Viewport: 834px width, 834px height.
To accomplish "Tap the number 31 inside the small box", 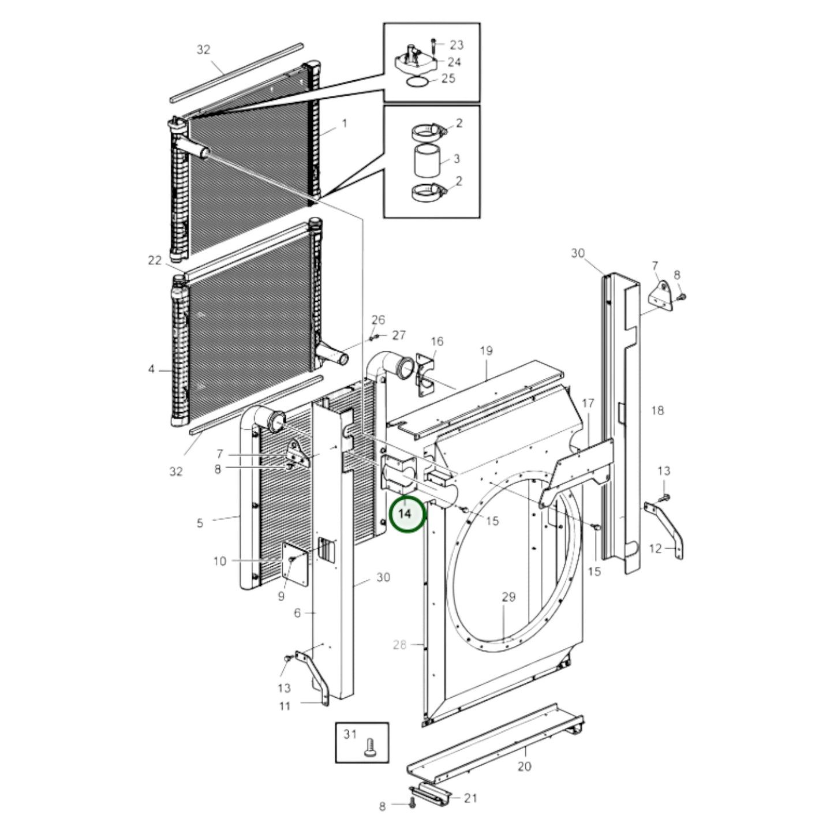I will (350, 734).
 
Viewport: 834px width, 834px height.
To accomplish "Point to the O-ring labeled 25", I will (417, 82).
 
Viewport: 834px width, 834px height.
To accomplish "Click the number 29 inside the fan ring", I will (508, 597).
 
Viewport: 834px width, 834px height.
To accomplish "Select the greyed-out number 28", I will (400, 645).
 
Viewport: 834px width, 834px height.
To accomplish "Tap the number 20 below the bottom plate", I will (524, 766).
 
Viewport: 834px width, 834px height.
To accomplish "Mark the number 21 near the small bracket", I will (471, 798).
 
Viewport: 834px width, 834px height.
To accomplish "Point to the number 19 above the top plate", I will (486, 350).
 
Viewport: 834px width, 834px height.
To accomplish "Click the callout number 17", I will (588, 403).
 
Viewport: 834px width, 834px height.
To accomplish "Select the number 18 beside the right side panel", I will (657, 410).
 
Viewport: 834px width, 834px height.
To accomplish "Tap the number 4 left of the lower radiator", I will (151, 368).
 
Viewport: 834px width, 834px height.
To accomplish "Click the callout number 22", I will (155, 260).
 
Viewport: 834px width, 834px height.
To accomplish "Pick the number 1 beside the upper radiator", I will (345, 123).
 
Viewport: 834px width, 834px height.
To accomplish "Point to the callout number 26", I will (378, 320).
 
